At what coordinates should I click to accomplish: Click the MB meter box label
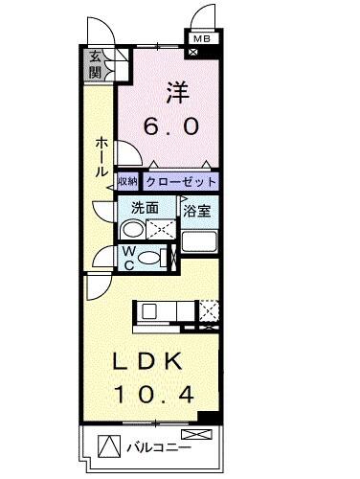[201, 38]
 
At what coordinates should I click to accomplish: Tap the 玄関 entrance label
[96, 65]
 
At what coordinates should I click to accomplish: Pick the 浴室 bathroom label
[197, 206]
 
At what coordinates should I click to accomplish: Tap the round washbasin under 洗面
[133, 229]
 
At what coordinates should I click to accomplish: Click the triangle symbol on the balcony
[109, 446]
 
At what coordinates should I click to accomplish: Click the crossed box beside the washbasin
[161, 229]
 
